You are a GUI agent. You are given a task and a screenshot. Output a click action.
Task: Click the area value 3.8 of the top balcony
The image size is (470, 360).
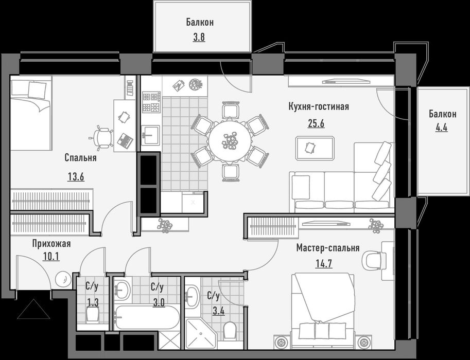click(199, 38)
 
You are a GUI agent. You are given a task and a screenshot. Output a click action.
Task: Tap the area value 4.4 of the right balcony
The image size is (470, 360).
click(442, 128)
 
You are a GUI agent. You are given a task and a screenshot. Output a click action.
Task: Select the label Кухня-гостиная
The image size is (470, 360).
click(318, 106)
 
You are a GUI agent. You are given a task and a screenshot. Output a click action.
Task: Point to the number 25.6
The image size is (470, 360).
click(316, 123)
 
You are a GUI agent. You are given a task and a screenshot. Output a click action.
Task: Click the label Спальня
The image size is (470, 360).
click(80, 157)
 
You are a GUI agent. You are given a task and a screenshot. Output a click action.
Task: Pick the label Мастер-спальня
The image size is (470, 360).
click(328, 248)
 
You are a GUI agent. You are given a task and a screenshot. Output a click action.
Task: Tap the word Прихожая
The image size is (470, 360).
click(51, 243)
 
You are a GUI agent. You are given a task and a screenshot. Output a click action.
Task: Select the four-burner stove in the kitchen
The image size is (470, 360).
click(151, 102)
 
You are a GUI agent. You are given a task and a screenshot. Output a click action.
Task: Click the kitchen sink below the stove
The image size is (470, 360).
click(150, 135)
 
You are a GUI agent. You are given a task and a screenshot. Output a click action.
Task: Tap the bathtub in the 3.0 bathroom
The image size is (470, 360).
click(147, 317)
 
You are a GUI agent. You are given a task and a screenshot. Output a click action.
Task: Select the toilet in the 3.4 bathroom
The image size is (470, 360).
click(230, 331)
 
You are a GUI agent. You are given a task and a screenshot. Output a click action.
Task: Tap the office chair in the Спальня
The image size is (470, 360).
click(102, 138)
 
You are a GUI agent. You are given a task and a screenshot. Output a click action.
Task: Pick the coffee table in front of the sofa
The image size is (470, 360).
click(315, 148)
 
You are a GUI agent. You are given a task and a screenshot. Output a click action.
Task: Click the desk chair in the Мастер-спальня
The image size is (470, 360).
click(372, 260)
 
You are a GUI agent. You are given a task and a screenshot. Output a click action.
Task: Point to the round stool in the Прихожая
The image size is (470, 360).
click(63, 279)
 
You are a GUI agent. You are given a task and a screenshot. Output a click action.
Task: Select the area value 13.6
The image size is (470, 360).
click(76, 177)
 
